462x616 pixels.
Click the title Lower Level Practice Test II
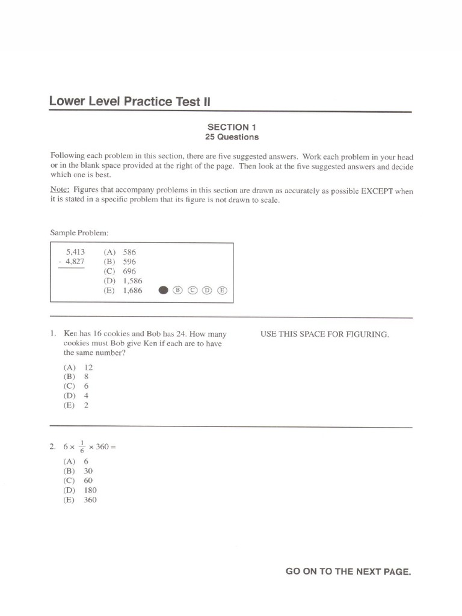tap(130, 102)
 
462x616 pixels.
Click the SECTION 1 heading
tap(228, 127)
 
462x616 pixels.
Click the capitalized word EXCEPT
tap(378, 191)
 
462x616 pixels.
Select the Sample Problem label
tap(79, 232)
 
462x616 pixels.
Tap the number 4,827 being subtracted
tap(73, 262)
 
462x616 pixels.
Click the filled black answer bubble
tap(162, 291)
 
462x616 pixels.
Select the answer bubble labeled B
tap(177, 291)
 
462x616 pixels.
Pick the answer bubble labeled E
tap(222, 291)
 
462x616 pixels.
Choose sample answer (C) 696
tap(120, 271)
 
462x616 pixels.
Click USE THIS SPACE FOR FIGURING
tap(324, 334)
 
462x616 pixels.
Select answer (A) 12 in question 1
tap(78, 367)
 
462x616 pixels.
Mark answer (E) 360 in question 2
tap(80, 500)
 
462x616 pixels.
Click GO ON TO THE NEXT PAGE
tap(348, 572)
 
